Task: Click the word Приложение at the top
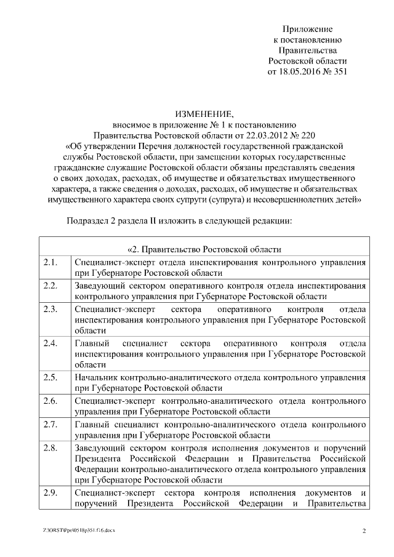click(x=307, y=29)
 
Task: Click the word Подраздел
click(x=88, y=220)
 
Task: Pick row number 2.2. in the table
click(x=50, y=286)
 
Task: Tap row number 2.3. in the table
click(x=50, y=309)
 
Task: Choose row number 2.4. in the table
click(x=50, y=343)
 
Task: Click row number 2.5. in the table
click(x=50, y=377)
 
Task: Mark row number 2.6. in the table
click(x=50, y=400)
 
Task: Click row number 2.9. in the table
click(x=50, y=493)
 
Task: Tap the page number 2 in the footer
click(x=364, y=530)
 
